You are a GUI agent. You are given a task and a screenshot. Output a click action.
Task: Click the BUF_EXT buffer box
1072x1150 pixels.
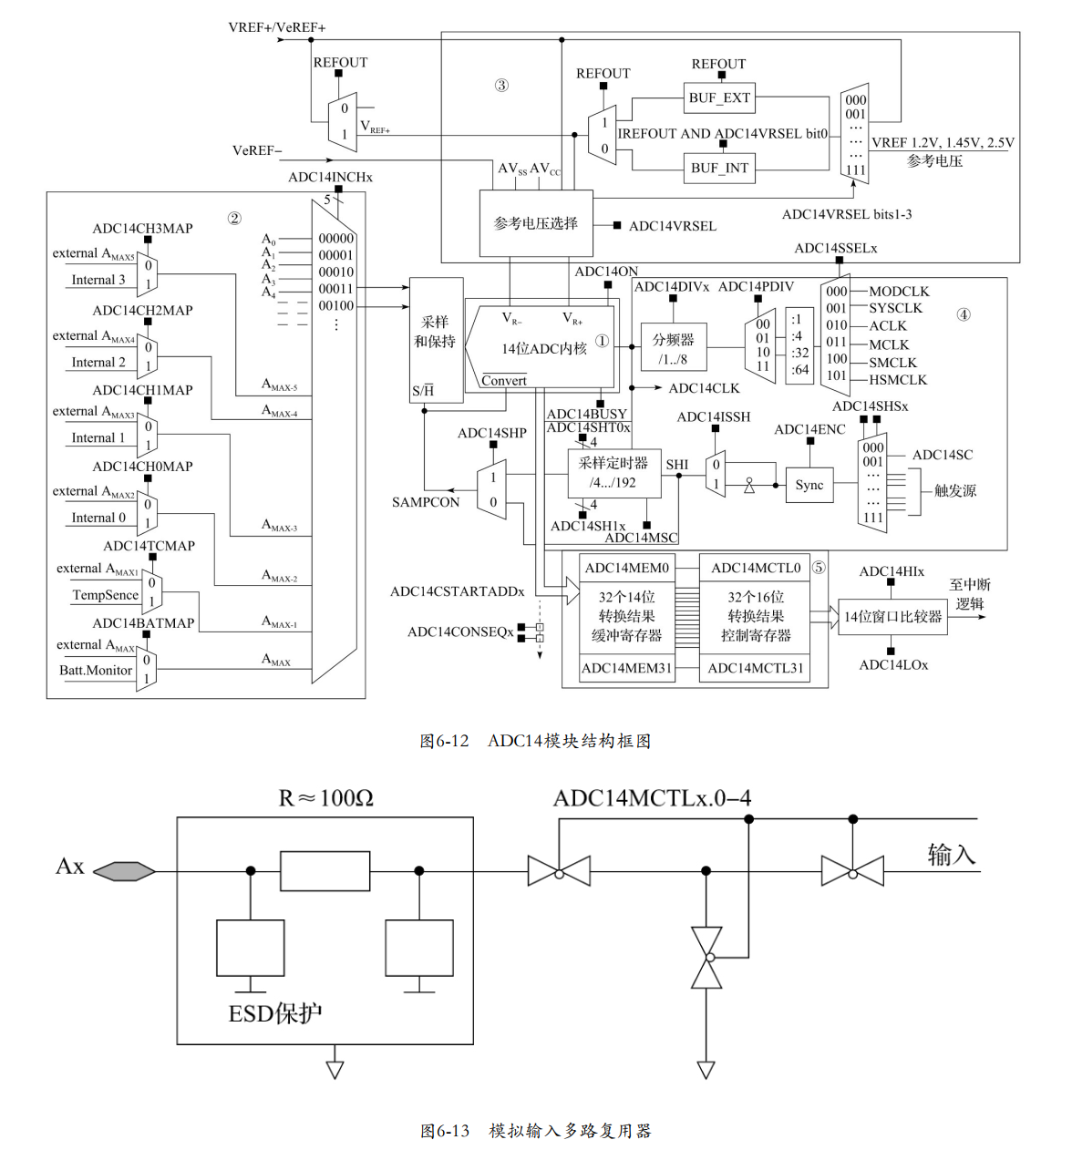point(719,98)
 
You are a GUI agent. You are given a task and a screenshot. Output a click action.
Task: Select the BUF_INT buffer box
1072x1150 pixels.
point(719,168)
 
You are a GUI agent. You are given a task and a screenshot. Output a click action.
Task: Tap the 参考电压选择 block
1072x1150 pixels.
point(536,223)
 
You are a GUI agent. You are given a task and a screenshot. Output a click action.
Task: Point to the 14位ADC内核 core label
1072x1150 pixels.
point(543,349)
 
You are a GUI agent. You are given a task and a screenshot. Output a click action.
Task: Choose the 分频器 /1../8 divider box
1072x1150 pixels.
point(674,348)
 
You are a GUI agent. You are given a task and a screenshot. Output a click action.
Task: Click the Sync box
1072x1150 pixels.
point(809,485)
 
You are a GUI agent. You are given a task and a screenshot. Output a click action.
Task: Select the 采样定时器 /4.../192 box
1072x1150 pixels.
point(613,473)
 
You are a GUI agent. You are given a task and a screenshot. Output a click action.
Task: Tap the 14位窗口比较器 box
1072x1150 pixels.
point(892,617)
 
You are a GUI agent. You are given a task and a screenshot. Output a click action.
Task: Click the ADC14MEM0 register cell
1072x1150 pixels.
point(627,568)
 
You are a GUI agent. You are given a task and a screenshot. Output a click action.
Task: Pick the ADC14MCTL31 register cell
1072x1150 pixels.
point(756,668)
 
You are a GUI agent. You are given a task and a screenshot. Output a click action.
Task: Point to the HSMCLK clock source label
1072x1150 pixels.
point(897,380)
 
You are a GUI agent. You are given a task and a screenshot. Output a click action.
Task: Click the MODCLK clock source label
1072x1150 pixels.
point(899,292)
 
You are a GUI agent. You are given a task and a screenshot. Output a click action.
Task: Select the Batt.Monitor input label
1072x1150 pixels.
point(96,670)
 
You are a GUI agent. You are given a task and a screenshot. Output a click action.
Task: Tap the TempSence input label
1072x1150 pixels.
point(106,595)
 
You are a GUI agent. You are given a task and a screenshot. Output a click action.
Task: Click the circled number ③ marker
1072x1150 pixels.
point(501,86)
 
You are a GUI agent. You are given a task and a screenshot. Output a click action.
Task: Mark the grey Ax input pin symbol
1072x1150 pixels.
point(124,871)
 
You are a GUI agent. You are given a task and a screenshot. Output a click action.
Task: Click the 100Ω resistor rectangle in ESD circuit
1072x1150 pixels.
point(325,871)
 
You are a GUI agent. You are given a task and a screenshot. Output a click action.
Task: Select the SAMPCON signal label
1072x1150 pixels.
point(426,502)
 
